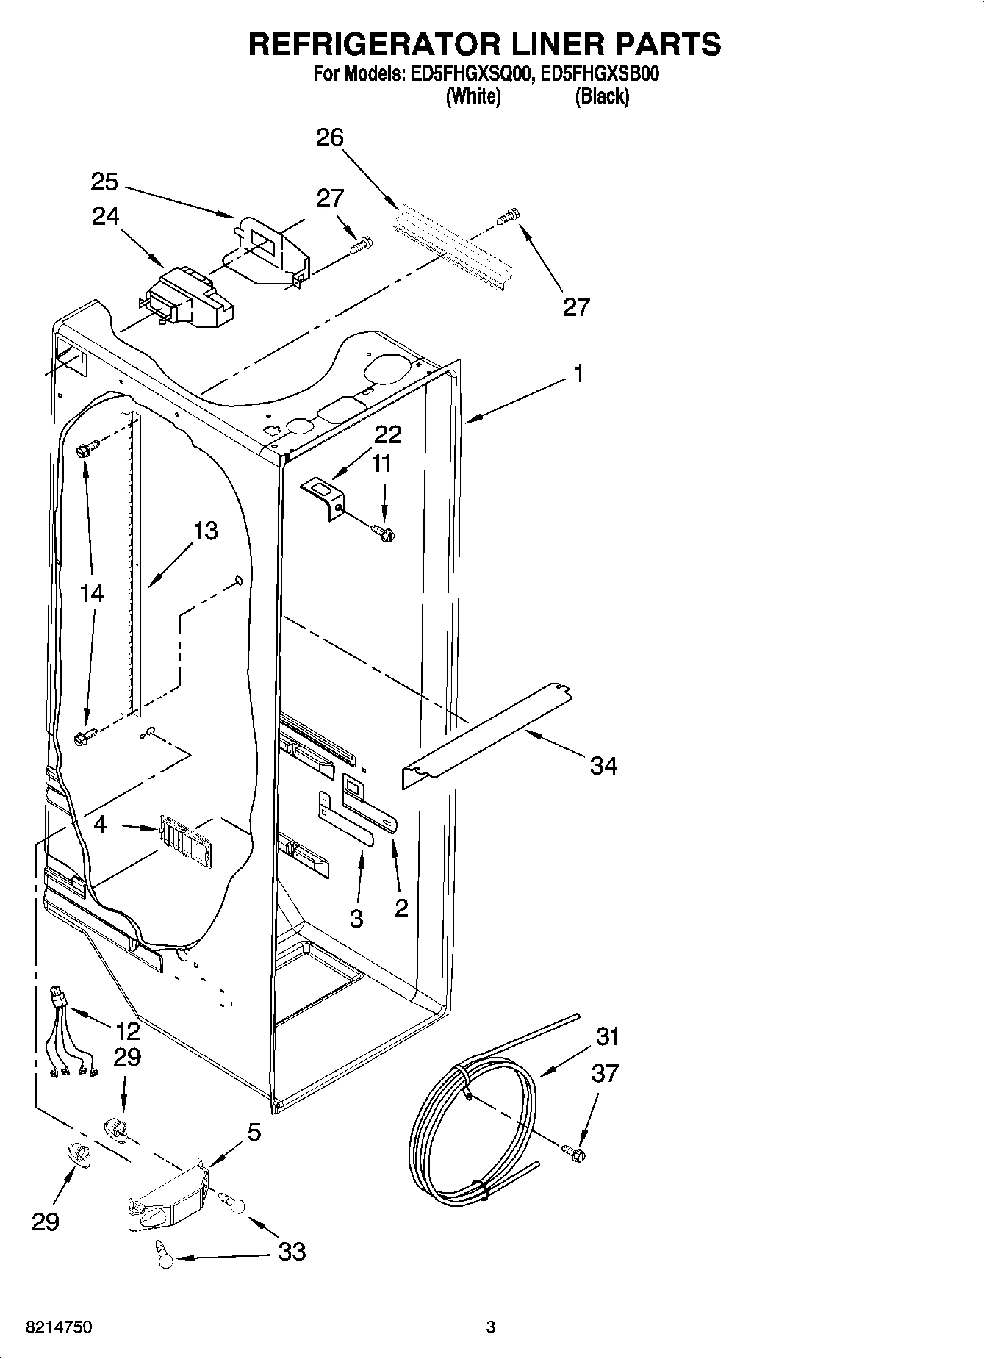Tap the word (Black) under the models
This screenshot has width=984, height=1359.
tap(602, 96)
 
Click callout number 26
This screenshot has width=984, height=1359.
tap(330, 137)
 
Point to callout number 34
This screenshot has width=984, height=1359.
tap(604, 766)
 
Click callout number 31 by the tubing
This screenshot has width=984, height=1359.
tap(608, 1036)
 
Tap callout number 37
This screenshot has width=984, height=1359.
tap(605, 1073)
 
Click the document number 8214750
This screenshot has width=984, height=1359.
tap(59, 1327)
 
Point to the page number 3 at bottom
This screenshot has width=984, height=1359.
tap(491, 1327)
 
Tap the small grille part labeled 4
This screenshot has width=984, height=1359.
tap(184, 836)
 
